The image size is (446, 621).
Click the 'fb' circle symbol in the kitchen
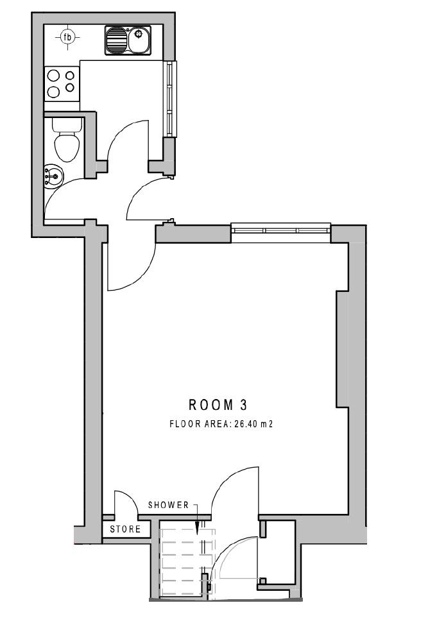pyautogui.click(x=67, y=38)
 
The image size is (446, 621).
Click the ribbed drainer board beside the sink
pyautogui.click(x=116, y=41)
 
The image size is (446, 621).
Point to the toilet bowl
pyautogui.click(x=66, y=147)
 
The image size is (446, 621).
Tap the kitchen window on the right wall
pyautogui.click(x=169, y=99)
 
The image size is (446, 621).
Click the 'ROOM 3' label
pyautogui.click(x=218, y=405)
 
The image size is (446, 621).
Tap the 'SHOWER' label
pyautogui.click(x=169, y=505)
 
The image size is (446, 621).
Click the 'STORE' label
pyautogui.click(x=125, y=530)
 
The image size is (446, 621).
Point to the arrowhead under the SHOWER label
pyautogui.click(x=198, y=530)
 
